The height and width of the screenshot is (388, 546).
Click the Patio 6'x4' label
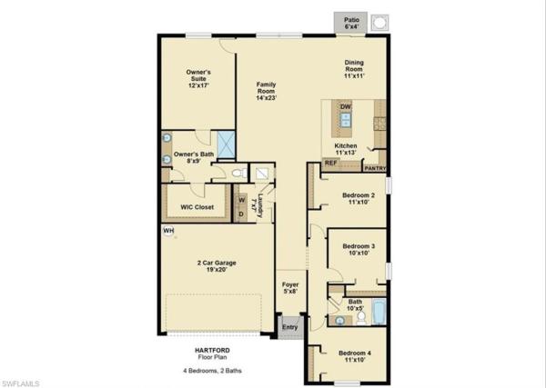tap(350, 24)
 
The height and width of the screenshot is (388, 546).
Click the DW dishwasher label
tap(346, 107)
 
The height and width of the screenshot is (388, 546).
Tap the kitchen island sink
tap(347, 121)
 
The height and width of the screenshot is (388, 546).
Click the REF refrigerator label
tap(331, 163)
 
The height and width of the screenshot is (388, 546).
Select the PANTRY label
tap(375, 167)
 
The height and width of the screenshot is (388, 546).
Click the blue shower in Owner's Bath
tap(224, 143)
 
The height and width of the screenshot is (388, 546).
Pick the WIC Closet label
tap(197, 207)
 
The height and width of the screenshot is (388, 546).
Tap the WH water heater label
tap(168, 231)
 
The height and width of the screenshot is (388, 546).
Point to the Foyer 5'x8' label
tap(289, 288)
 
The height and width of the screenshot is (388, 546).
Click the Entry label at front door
tap(289, 327)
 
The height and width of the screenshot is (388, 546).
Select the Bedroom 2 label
tap(359, 199)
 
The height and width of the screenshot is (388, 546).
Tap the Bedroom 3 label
tap(359, 250)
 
